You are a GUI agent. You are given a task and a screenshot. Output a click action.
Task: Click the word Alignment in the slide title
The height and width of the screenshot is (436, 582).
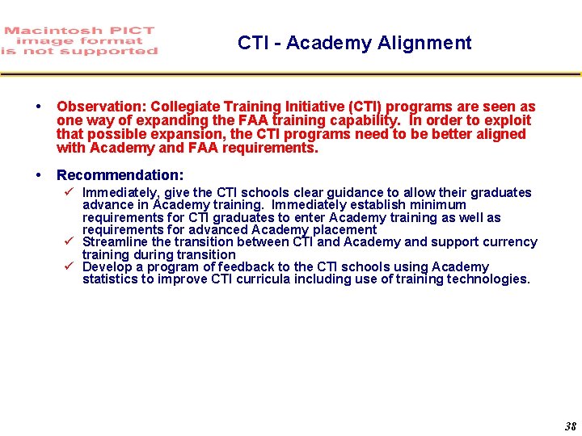(x=432, y=43)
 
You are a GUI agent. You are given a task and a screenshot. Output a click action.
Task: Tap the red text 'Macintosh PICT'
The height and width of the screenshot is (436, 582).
(x=78, y=31)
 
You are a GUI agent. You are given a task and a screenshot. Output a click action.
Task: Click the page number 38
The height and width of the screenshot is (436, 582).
(x=570, y=426)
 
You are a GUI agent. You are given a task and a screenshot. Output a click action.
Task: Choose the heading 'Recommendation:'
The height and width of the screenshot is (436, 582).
(x=120, y=174)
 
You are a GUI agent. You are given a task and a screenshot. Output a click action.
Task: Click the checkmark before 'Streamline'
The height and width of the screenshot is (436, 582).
(x=70, y=241)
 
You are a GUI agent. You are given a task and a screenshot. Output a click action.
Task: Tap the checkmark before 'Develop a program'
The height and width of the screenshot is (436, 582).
(x=70, y=266)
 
